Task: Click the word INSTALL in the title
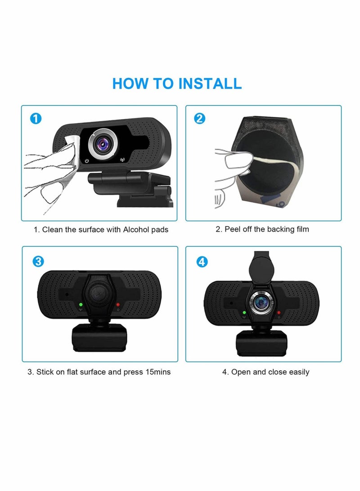(210, 83)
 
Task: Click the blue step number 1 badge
(36, 119)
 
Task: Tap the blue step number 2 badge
(200, 119)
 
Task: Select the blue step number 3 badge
(38, 261)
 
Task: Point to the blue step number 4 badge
(202, 261)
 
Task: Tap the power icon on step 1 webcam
(86, 160)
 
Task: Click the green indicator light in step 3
(80, 305)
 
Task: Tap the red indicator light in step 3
(118, 305)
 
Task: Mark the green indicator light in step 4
(243, 312)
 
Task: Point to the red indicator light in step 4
(279, 312)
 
